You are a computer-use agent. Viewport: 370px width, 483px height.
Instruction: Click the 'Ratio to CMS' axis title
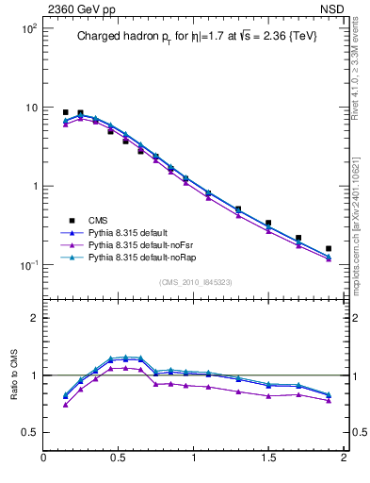click(x=14, y=373)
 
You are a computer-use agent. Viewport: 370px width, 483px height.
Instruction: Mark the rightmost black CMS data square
click(x=329, y=249)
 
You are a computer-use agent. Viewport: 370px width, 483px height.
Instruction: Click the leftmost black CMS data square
click(x=65, y=112)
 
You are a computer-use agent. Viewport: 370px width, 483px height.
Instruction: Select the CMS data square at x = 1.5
click(x=268, y=224)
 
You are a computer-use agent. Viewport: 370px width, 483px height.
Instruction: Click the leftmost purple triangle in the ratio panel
click(x=65, y=405)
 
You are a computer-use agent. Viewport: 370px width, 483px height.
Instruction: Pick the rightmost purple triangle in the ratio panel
click(x=329, y=401)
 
